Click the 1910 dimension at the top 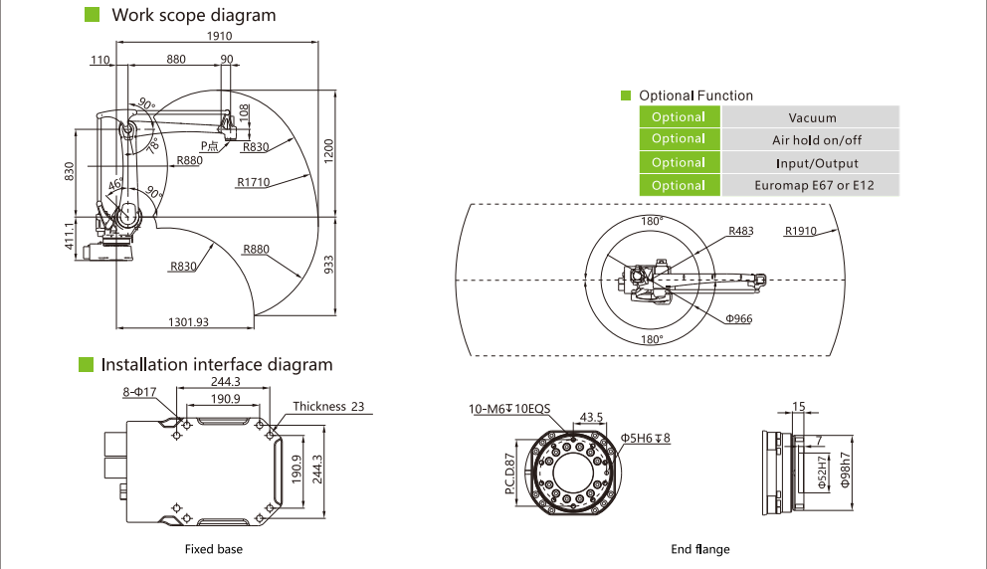click(219, 35)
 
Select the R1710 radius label click(255, 182)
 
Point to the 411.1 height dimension click(71, 237)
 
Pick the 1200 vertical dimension click(329, 152)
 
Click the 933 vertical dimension click(329, 264)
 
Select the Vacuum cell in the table click(811, 117)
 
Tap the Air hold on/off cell click(811, 140)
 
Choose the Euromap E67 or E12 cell click(811, 185)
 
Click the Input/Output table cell click(811, 163)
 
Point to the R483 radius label click(740, 231)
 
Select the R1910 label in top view click(800, 231)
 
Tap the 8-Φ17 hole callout click(140, 393)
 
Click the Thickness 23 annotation click(329, 406)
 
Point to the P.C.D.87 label click(509, 474)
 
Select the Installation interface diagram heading click(216, 365)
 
